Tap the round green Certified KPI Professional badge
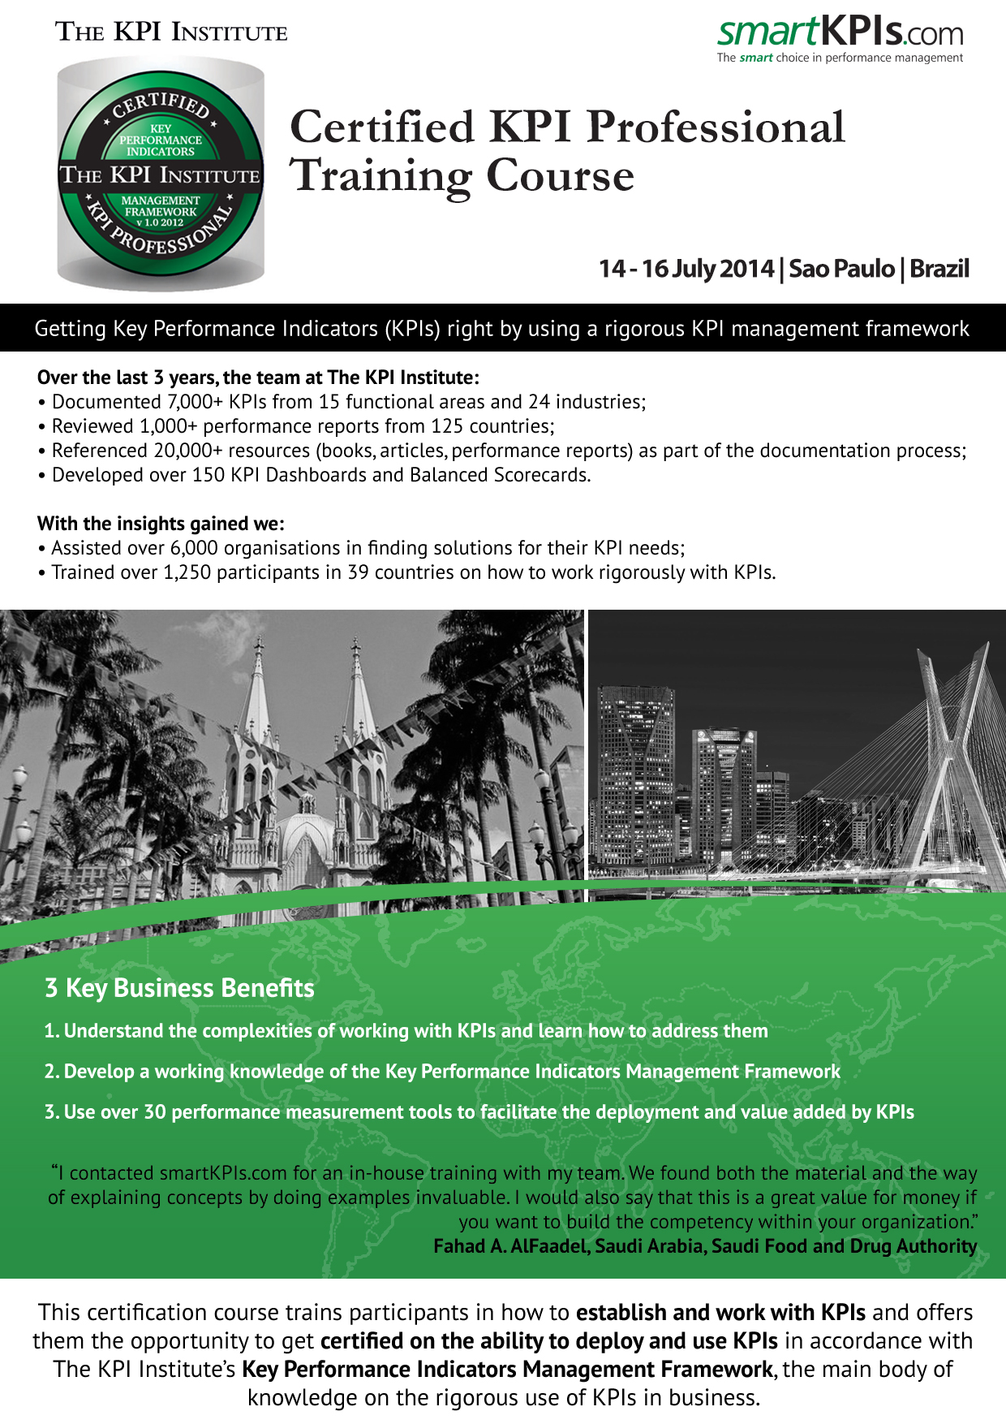coord(161,175)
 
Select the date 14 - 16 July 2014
coord(686,269)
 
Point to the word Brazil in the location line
coord(939,269)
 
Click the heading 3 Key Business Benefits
coord(179,988)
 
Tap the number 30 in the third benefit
coord(155,1112)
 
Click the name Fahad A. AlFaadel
coord(510,1246)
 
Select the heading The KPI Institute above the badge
coord(171,32)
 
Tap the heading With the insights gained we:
coord(161,524)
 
